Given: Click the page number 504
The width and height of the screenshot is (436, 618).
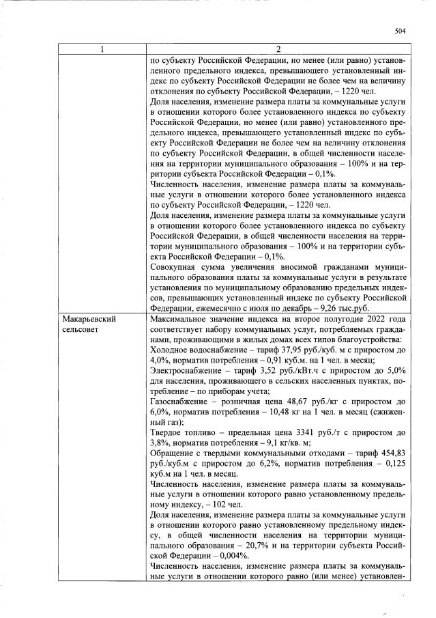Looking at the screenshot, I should pos(401,31).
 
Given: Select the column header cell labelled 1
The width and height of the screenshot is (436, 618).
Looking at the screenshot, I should pos(102,48).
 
